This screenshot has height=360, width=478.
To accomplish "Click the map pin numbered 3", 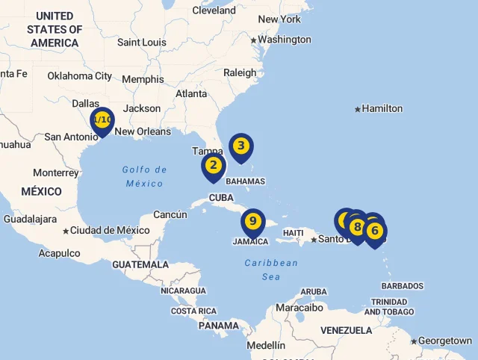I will click(x=240, y=146).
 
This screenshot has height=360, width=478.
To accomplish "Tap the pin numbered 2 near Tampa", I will click(x=213, y=165).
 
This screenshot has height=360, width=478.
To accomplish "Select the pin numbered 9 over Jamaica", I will click(x=253, y=221).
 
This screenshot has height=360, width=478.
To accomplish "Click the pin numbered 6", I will click(x=375, y=231).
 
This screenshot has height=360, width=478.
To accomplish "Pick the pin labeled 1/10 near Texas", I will click(x=102, y=120).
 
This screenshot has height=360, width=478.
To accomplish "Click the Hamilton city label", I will click(x=382, y=108).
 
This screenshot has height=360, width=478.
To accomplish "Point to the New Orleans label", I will click(x=142, y=131).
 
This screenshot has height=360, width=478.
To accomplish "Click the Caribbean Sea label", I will click(x=271, y=270).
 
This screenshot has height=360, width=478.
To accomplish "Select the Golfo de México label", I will click(x=144, y=176).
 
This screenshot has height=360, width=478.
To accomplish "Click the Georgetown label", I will click(x=445, y=341).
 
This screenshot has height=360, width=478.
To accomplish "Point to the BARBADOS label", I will click(x=402, y=286).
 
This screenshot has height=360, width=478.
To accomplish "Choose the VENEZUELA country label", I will click(x=346, y=330).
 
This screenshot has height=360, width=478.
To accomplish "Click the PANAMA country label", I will click(x=218, y=326).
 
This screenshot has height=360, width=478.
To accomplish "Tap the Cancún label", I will click(x=170, y=214).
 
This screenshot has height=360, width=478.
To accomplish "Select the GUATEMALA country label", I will click(x=140, y=264).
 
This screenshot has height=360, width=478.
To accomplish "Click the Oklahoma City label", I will click(x=79, y=75).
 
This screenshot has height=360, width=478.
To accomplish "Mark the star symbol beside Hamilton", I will click(x=358, y=109).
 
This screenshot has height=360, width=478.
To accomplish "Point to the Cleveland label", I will click(x=214, y=10).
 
